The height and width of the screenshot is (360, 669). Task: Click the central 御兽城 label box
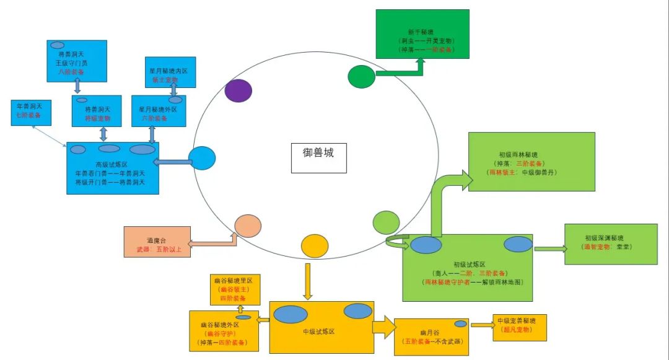click(318, 157)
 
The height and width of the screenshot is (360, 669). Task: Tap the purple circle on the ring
click(238, 90)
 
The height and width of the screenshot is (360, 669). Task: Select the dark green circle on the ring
click(361, 76)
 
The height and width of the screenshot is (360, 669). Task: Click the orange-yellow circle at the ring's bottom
click(314, 246)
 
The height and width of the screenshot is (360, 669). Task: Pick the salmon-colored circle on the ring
click(248, 226)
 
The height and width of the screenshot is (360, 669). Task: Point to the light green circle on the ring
click(387, 222)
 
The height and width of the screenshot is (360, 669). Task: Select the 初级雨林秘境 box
click(531, 161)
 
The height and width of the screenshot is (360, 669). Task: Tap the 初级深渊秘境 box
click(610, 244)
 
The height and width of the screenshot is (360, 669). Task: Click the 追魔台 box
click(156, 242)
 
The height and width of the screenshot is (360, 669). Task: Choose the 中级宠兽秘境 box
click(519, 327)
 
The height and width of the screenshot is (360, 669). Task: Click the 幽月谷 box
click(432, 336)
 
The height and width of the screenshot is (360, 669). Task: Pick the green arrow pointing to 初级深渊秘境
click(549, 248)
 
